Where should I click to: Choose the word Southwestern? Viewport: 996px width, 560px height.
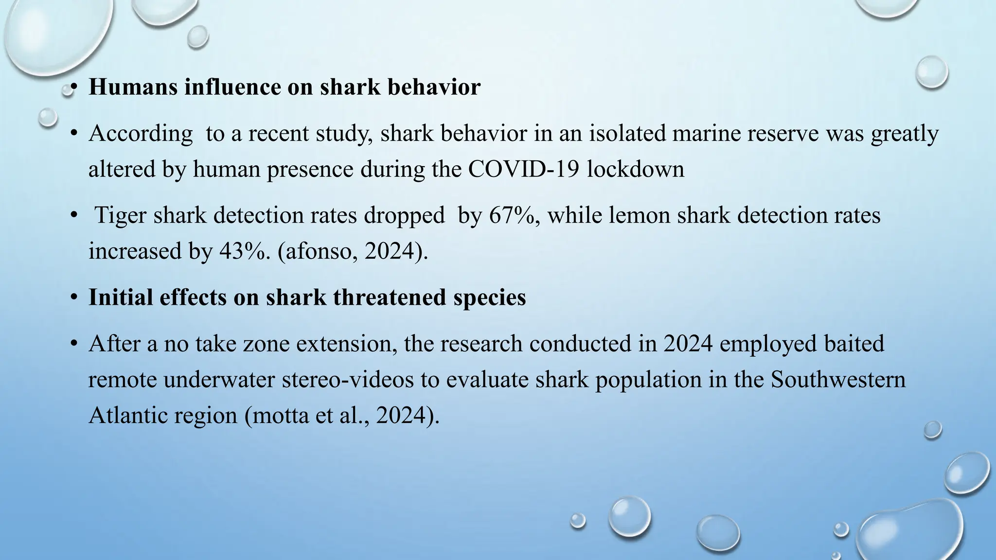[838, 380]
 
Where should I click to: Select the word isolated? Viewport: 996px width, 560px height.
[627, 133]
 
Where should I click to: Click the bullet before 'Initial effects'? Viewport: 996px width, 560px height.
[74, 297]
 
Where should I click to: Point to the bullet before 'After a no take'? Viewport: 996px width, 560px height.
[74, 344]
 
